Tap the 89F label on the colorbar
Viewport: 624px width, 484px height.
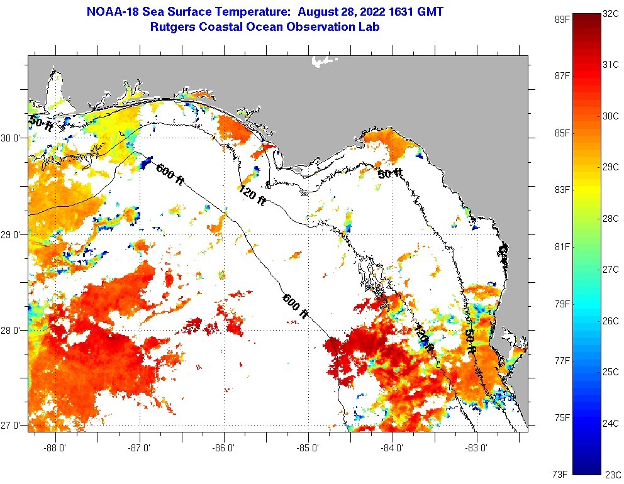(x=562, y=19)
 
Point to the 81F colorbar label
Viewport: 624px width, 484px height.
(x=562, y=247)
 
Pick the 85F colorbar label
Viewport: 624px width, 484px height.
(x=562, y=133)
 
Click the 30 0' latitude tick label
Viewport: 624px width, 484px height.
(x=13, y=138)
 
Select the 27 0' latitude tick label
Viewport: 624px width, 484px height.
(x=13, y=426)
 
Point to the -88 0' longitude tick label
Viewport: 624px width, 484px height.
(x=55, y=448)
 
